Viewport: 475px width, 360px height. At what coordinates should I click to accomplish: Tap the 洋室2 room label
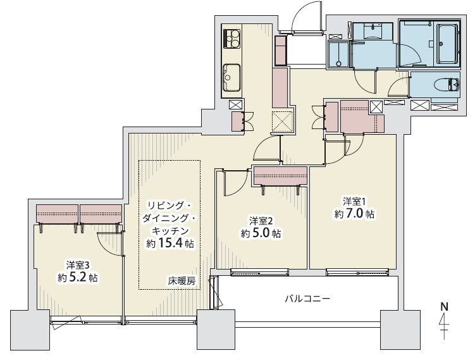pos(261,221)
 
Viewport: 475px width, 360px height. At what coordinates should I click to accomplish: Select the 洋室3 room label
pos(78,266)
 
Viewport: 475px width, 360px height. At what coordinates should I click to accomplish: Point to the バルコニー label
pos(307,299)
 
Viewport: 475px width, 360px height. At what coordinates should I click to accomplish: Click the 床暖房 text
pos(182,281)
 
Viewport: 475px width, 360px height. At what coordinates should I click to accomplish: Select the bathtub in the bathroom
pos(447,44)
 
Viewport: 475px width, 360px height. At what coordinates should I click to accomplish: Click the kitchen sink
pos(231,77)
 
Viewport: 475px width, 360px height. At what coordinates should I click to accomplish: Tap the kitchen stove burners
pos(231,38)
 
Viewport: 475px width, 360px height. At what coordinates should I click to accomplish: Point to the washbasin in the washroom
pos(373,31)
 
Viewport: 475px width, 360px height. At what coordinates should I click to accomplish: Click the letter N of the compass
pos(444,307)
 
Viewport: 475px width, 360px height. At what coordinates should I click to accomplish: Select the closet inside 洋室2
pos(281,175)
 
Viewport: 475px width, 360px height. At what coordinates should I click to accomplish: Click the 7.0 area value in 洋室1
pos(355,214)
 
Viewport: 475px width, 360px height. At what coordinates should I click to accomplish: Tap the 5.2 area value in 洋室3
pos(78,278)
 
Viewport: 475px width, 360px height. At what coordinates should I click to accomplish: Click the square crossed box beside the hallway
pos(282,122)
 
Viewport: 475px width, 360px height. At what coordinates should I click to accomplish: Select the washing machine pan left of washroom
pos(338,54)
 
